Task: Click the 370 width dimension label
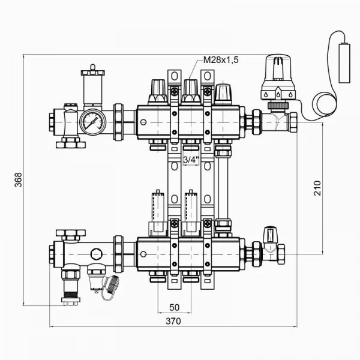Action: point(172,320)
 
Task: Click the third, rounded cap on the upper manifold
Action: point(223,93)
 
